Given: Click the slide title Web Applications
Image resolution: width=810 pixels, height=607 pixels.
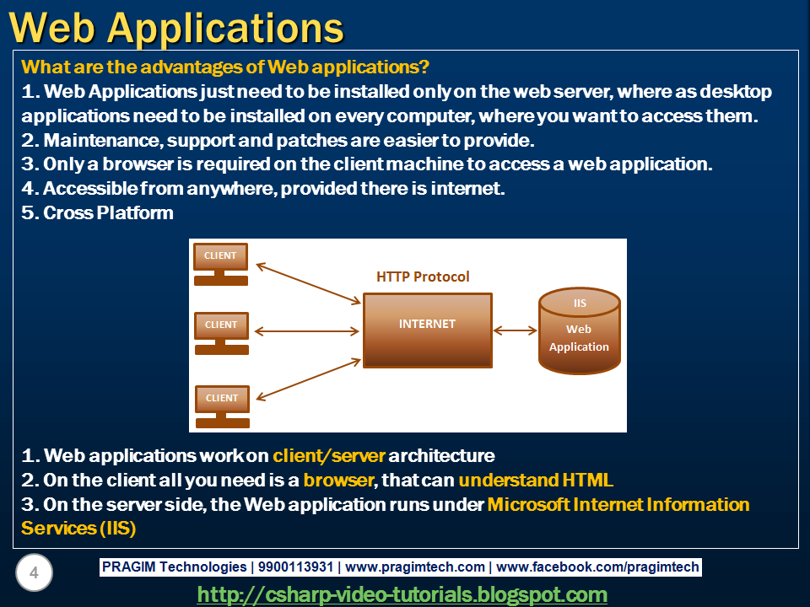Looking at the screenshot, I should tap(177, 27).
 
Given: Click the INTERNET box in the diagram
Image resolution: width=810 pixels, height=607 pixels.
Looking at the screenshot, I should tap(427, 330).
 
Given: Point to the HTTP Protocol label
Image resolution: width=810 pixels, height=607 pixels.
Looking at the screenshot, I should tap(423, 277).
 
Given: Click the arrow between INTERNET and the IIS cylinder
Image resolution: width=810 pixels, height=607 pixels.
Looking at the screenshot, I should tap(516, 330).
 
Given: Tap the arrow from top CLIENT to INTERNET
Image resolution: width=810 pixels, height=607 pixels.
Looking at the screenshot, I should tap(308, 282).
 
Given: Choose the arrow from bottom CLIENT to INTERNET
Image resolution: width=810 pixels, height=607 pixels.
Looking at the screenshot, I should tap(308, 379).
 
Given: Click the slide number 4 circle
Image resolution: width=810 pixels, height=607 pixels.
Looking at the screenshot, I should tap(34, 574).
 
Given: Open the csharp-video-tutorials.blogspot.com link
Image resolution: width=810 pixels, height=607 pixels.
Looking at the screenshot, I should tap(402, 594).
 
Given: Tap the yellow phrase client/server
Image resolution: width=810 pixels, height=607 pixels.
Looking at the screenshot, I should tap(329, 456).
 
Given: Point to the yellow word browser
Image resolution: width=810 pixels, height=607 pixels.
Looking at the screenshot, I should tap(337, 481).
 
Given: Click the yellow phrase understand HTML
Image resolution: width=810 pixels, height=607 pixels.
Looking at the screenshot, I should tap(536, 481).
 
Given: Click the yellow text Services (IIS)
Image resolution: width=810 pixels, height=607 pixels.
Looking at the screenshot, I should tap(78, 529).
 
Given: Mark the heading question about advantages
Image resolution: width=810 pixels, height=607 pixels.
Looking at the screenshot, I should tap(225, 66).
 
